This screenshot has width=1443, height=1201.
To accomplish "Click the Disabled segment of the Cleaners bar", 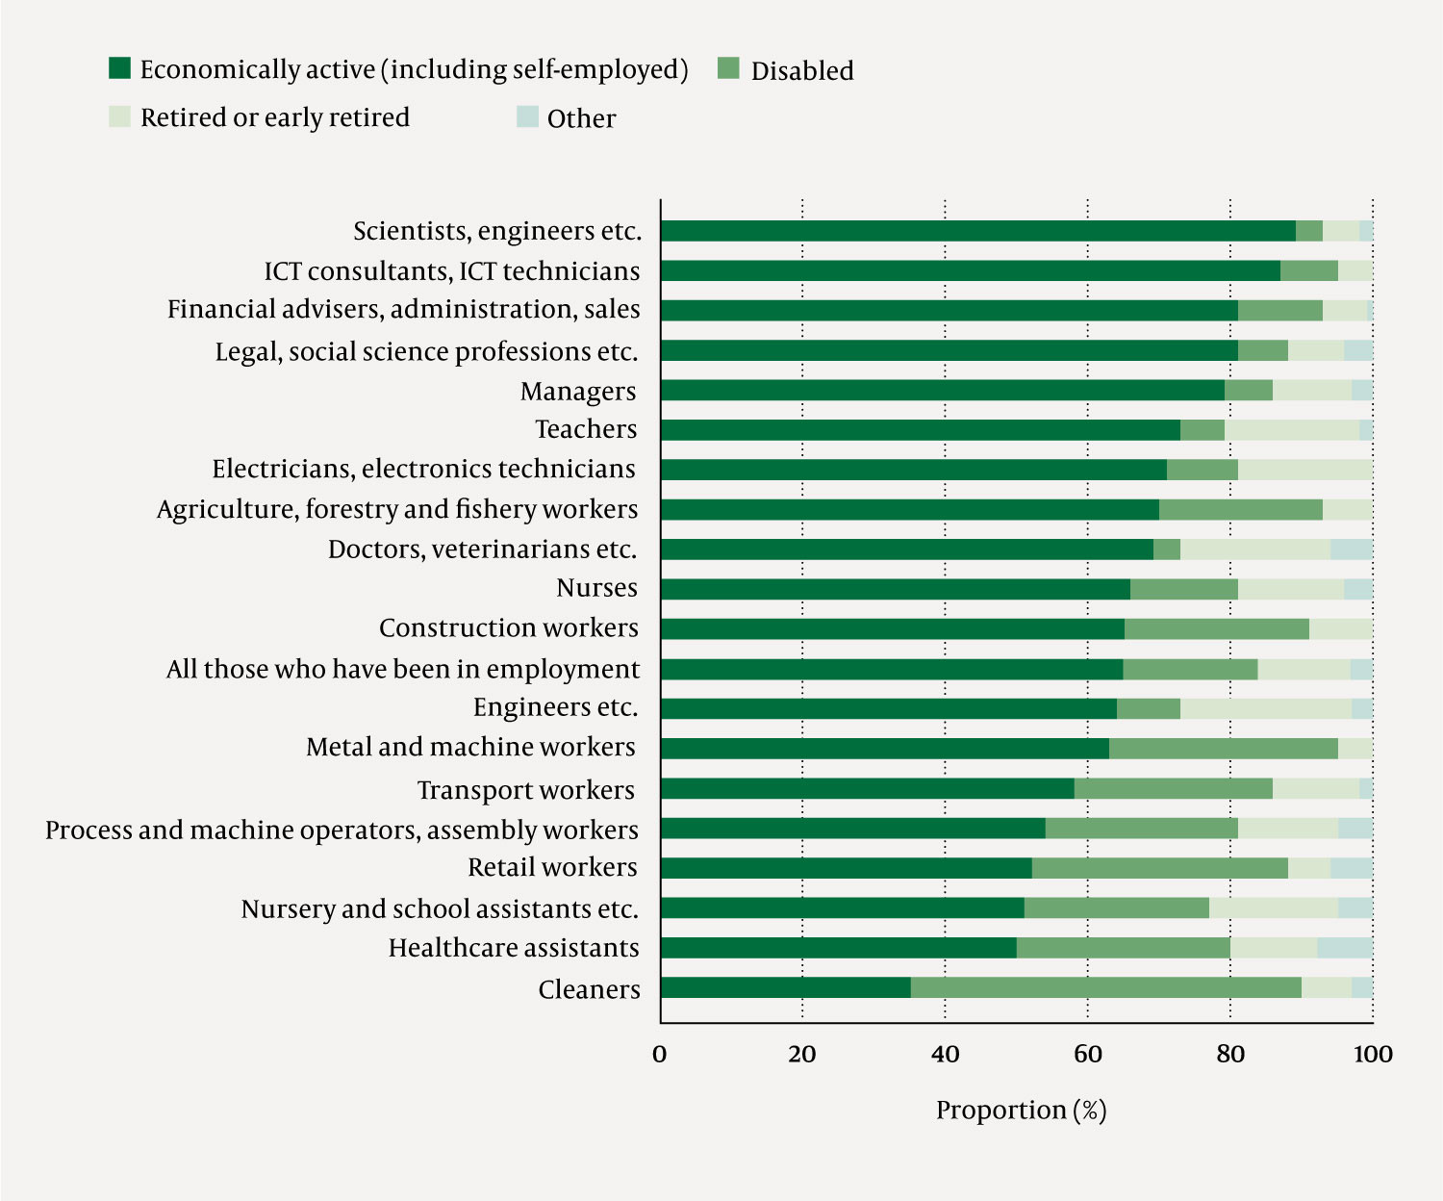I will [x=1106, y=987].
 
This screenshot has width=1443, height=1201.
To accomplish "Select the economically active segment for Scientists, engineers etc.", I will [x=977, y=231].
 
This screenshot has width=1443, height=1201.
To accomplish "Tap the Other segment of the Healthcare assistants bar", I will [x=1345, y=948].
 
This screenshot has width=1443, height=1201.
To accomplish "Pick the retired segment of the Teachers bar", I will [x=1292, y=430].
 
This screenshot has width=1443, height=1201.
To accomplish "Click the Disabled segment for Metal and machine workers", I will [x=1223, y=749].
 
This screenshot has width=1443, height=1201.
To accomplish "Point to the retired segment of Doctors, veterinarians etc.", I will [x=1255, y=549].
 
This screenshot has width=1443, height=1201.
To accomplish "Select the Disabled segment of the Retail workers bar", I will [x=1159, y=868].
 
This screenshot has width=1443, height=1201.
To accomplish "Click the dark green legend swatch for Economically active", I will [x=120, y=68].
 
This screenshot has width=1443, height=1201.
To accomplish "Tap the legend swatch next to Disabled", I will [x=729, y=68].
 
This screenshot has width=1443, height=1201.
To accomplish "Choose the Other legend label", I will [x=581, y=118].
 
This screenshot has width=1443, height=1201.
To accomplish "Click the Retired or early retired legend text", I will [x=275, y=117].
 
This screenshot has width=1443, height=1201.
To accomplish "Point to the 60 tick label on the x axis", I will [x=1088, y=1055].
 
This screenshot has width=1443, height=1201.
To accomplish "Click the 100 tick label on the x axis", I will [x=1373, y=1055].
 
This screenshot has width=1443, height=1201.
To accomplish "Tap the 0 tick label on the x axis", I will [x=660, y=1055].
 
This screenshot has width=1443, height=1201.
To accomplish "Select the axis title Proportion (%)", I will [x=1021, y=1111].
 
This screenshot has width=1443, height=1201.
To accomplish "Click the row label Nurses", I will [x=596, y=588].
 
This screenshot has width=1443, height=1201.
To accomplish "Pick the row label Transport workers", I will [x=525, y=790].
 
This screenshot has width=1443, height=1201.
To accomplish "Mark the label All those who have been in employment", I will [x=402, y=669].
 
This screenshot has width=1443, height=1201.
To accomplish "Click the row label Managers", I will [x=578, y=392].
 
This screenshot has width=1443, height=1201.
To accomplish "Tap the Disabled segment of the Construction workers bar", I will [x=1216, y=629].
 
